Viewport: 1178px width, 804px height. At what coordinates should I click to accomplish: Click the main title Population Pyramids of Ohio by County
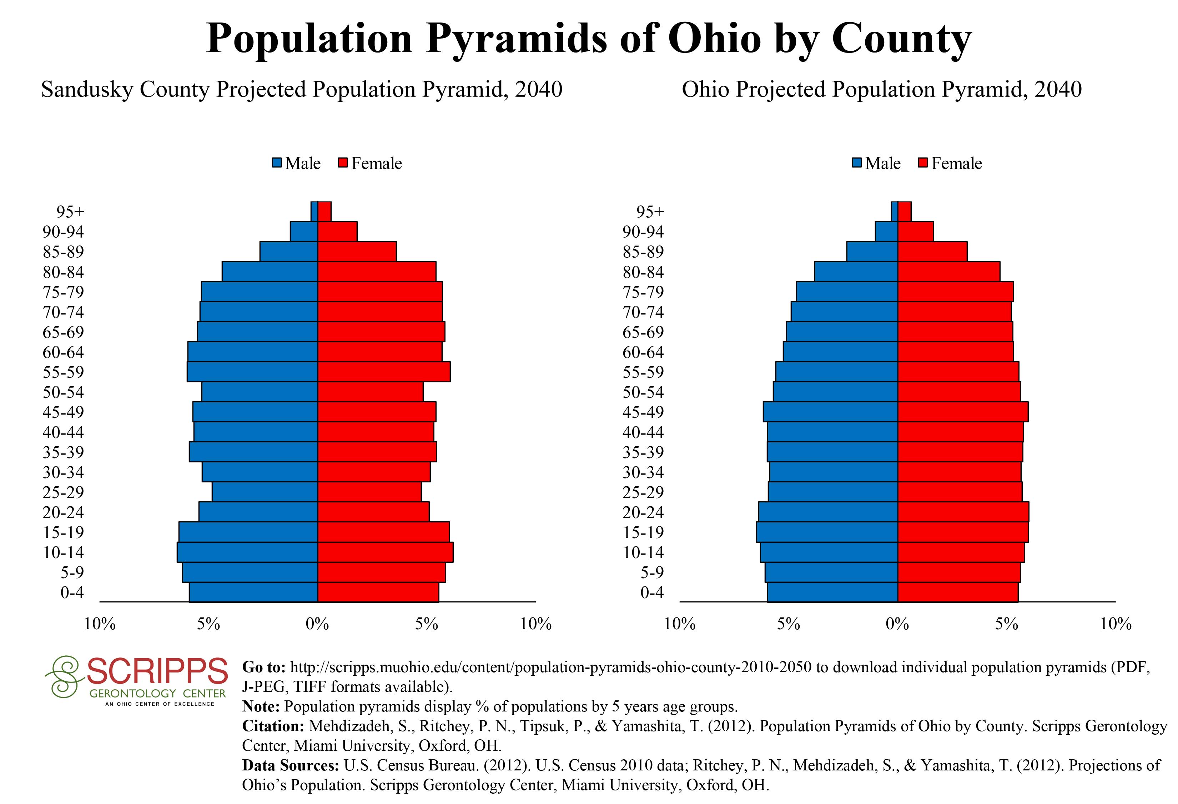point(589,39)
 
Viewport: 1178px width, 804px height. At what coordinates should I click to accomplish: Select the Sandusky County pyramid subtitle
point(302,90)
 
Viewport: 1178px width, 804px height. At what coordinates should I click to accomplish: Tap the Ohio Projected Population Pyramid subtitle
point(881,90)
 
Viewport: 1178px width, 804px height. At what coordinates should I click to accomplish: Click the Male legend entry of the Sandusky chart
point(297,163)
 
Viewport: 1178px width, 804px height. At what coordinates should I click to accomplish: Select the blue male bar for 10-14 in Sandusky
point(247,552)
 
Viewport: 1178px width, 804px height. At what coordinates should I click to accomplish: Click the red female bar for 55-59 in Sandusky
point(384,372)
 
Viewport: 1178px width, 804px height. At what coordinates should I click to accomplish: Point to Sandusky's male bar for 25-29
point(265,492)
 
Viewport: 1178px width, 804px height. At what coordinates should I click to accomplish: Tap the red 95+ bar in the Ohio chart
point(904,212)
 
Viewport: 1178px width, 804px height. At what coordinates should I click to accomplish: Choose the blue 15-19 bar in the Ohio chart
point(827,532)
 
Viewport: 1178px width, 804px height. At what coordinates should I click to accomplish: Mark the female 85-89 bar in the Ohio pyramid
point(932,252)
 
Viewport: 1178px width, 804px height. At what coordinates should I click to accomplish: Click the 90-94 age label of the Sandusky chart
point(63,232)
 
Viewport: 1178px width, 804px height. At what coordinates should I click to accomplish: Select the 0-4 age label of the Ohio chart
point(652,592)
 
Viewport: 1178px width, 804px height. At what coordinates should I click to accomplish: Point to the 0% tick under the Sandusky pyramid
point(317,624)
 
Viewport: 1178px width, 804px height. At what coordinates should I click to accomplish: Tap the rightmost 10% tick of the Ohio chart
point(1116,624)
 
